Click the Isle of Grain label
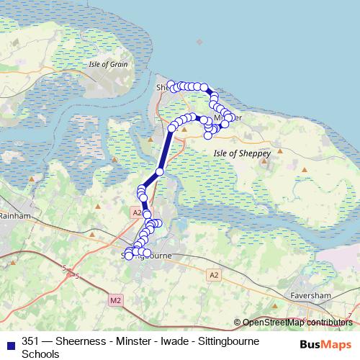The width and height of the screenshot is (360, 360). click(x=109, y=64)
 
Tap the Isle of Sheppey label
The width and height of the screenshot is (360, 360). click(x=242, y=153)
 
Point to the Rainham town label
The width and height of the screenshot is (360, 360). click(x=14, y=215)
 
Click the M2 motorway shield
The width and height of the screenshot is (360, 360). click(x=117, y=299)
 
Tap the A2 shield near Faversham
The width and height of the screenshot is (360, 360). click(x=214, y=274)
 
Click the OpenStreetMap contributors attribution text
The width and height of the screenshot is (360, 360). click(x=297, y=323)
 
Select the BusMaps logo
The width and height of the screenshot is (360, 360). click(x=325, y=344)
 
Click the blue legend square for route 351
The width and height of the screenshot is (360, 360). click(x=10, y=341)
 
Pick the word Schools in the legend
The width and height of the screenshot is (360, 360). click(x=41, y=354)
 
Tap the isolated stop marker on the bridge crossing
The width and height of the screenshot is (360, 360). click(x=159, y=171)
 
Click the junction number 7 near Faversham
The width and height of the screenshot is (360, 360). click(x=349, y=315)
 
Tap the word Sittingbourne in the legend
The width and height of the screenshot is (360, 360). click(x=224, y=341)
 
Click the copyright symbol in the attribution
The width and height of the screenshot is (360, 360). click(x=237, y=323)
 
